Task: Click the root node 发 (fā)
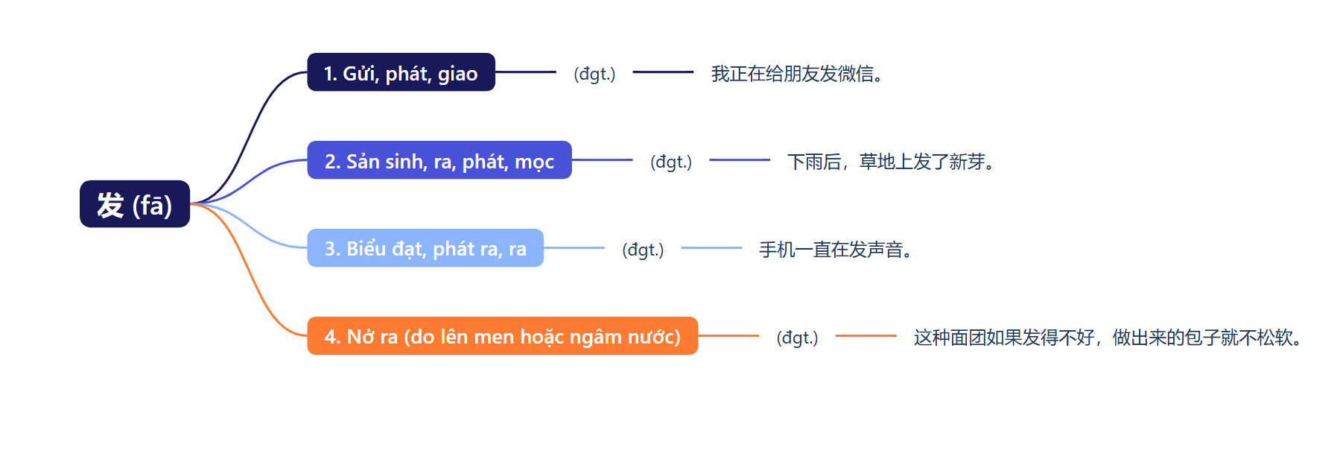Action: (135, 204)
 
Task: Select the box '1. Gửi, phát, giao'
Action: (401, 72)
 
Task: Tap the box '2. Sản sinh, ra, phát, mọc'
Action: (439, 160)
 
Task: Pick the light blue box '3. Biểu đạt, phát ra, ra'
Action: (425, 248)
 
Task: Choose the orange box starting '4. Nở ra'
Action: (502, 336)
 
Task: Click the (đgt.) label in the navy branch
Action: (594, 74)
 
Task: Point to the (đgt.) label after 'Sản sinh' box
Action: (671, 162)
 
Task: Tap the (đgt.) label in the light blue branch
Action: (643, 250)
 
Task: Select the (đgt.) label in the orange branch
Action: (797, 338)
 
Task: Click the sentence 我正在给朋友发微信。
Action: (797, 74)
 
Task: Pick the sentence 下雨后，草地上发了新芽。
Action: (891, 162)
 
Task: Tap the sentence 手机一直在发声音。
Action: (835, 250)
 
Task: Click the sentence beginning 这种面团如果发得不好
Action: (1108, 338)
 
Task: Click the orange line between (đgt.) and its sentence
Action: (866, 336)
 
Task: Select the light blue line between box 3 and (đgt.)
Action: (574, 247)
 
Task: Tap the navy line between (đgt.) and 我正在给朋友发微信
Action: (663, 72)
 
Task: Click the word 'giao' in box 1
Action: (457, 74)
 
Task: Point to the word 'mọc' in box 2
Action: (534, 162)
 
